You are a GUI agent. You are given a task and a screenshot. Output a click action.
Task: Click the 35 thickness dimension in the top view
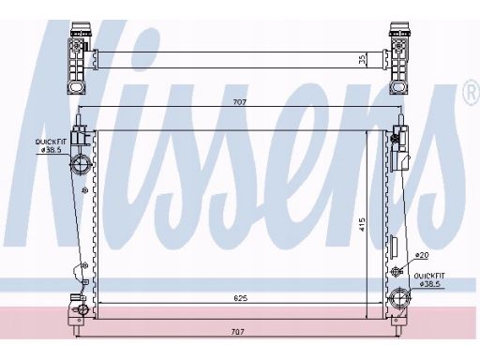point(362,60)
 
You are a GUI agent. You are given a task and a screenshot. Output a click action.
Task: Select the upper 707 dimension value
point(240,102)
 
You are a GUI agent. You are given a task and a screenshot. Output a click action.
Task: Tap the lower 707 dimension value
point(237,332)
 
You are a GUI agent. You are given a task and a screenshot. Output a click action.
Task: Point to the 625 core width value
point(240,298)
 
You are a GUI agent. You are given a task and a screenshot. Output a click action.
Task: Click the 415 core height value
point(362,225)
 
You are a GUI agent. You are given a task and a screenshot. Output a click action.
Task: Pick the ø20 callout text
point(422,255)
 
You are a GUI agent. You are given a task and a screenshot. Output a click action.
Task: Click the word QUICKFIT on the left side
point(51,142)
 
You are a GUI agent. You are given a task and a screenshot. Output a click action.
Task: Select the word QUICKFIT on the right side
point(429,276)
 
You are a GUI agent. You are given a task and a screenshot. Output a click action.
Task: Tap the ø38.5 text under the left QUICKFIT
point(51,150)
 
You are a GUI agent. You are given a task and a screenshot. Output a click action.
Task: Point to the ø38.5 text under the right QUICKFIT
point(429,284)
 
